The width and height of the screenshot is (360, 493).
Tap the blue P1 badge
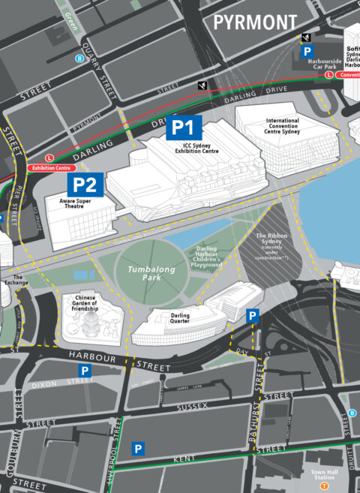(x=183, y=128)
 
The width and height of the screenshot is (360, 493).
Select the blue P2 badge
(x=85, y=185)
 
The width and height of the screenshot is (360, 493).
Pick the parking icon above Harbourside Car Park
(x=307, y=51)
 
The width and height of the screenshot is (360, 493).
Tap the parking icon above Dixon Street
(x=85, y=371)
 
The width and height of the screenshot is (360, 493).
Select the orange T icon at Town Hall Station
(x=324, y=485)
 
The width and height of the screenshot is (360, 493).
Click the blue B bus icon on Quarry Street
(x=79, y=58)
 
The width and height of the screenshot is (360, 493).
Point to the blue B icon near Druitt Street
(x=352, y=413)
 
